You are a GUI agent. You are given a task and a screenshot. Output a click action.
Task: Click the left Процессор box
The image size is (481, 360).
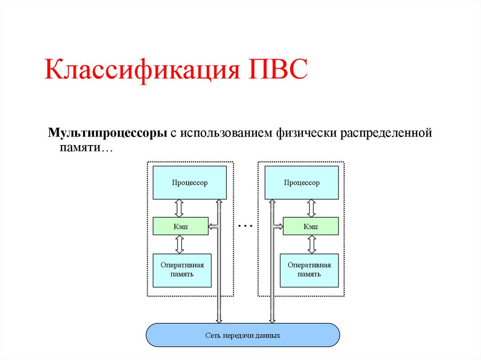click(x=190, y=183)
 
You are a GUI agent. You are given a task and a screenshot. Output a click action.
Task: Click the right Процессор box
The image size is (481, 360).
click(x=302, y=183)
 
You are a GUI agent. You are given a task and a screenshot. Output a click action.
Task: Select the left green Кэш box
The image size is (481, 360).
click(x=180, y=226)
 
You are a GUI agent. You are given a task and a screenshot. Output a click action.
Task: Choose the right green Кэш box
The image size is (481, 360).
click(x=310, y=226)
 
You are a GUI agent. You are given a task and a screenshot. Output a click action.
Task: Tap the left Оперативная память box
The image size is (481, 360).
click(x=182, y=270)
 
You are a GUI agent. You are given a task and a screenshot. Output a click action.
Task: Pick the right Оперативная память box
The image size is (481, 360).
click(x=309, y=270)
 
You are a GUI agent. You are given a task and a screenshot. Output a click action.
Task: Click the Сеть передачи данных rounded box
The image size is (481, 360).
click(x=243, y=335)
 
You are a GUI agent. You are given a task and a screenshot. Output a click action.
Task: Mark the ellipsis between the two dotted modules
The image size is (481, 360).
click(x=245, y=226)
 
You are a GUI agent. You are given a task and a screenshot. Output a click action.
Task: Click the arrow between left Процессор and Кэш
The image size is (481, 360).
click(x=179, y=207)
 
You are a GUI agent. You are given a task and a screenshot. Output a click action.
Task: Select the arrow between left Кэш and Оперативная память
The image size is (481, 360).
click(x=179, y=244)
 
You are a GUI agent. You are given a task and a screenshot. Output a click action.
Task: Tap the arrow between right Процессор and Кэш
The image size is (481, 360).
click(x=311, y=207)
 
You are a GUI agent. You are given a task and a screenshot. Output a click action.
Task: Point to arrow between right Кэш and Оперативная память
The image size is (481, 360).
click(x=311, y=244)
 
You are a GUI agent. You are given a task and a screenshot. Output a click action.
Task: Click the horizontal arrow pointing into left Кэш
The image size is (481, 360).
click(x=213, y=226)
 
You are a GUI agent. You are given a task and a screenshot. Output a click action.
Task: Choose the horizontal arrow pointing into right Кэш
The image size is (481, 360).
click(x=277, y=226)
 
